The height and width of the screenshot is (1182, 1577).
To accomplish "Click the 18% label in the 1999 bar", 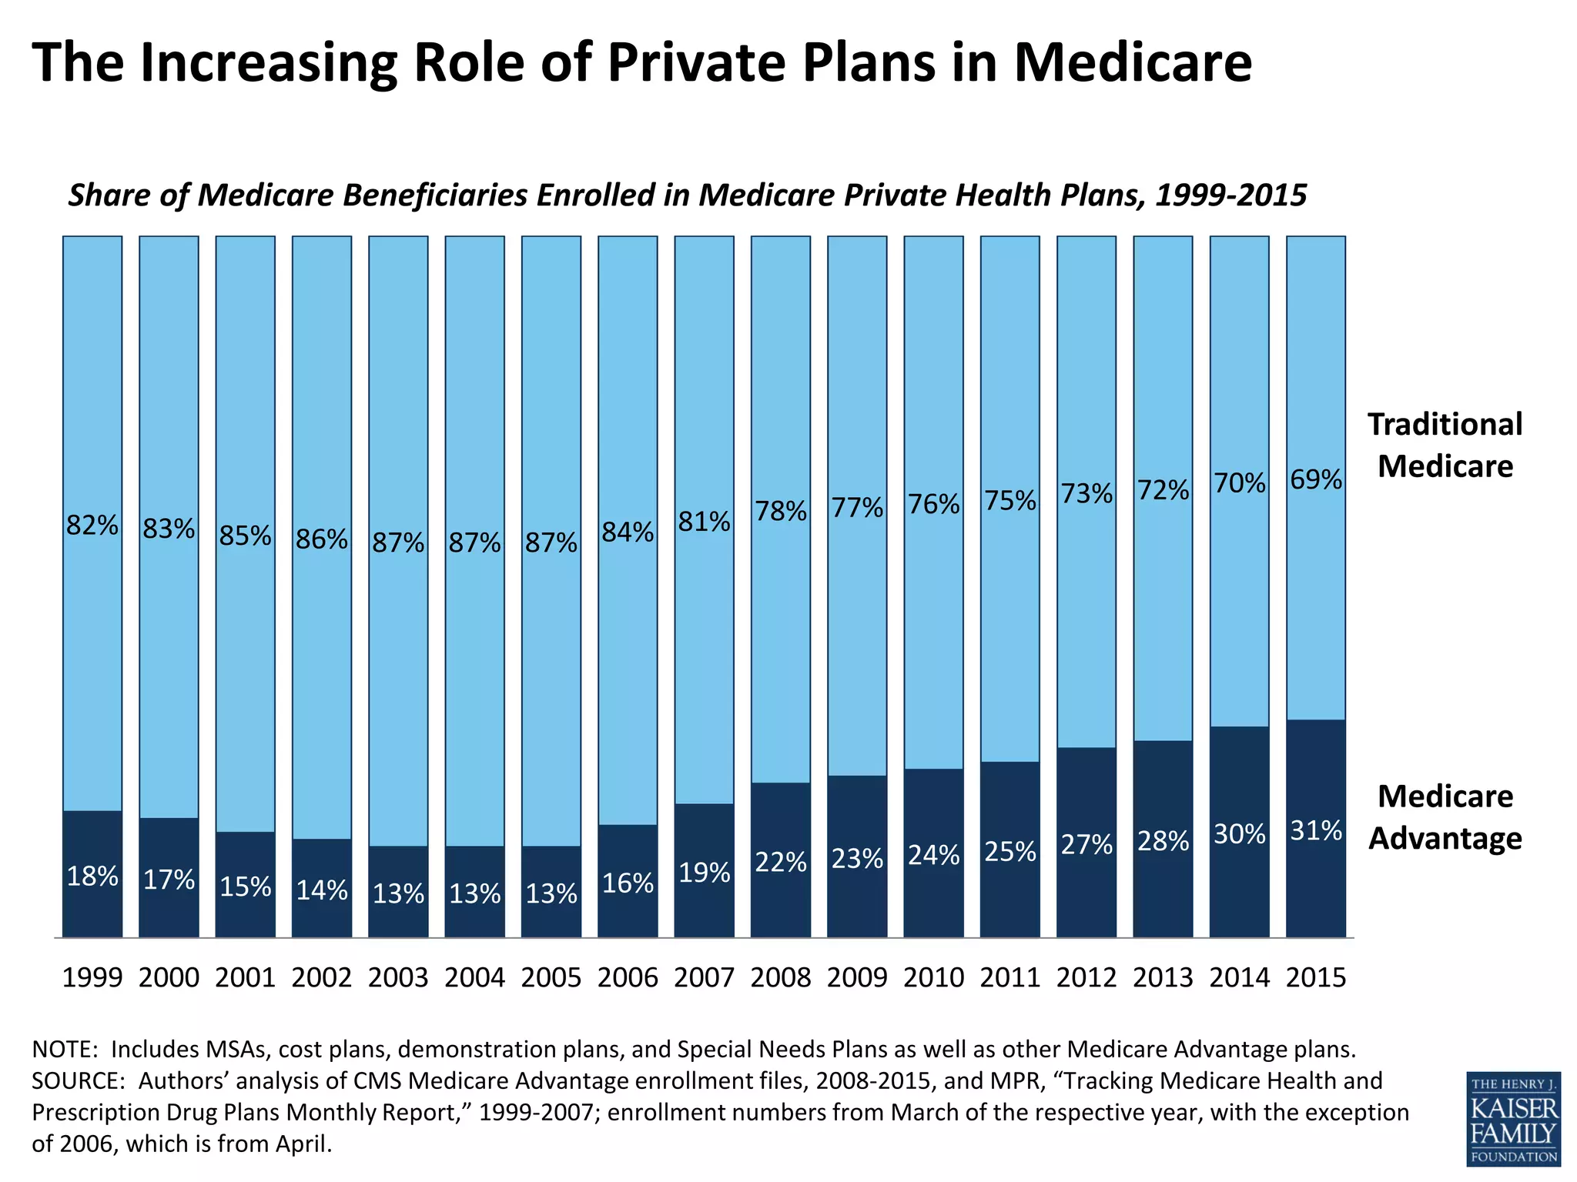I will click(x=92, y=876).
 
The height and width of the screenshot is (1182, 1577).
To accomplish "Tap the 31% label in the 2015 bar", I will click(x=1316, y=830).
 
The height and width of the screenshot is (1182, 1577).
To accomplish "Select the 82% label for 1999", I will click(x=92, y=525).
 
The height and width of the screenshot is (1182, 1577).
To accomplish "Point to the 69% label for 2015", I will click(x=1316, y=479).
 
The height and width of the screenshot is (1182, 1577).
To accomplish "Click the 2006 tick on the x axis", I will click(x=628, y=977).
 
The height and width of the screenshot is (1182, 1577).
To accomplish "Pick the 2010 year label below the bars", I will click(x=933, y=977).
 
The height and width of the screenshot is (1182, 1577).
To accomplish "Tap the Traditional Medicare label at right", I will click(x=1445, y=445).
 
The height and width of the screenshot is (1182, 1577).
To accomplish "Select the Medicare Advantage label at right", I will click(x=1445, y=816).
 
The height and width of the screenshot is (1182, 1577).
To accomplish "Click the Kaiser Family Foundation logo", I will click(x=1513, y=1117).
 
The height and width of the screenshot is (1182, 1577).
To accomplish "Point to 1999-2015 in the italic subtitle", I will click(x=1230, y=195).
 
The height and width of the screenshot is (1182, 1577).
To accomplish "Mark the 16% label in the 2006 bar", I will click(x=628, y=883).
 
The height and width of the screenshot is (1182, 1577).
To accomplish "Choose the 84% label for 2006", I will click(x=628, y=532).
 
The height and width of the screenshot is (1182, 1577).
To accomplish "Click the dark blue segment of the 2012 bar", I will click(x=1086, y=893).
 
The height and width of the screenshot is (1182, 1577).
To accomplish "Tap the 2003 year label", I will click(x=398, y=977).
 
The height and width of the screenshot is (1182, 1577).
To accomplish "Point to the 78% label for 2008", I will click(x=781, y=511).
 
